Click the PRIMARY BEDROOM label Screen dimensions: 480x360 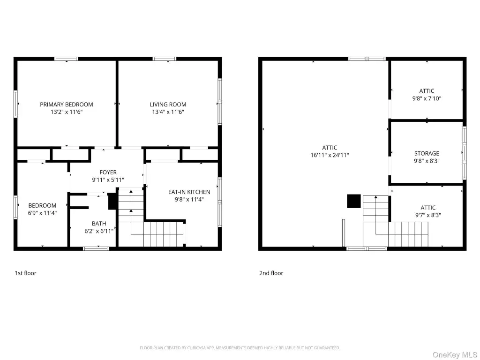tap(67, 105)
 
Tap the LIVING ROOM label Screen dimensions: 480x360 tap(168, 105)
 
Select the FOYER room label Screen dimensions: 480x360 tap(108, 172)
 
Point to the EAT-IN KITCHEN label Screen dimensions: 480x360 tap(189, 192)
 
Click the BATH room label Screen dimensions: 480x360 tap(99, 224)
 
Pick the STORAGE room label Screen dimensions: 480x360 tap(427, 153)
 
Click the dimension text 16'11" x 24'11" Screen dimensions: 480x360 tap(330, 155)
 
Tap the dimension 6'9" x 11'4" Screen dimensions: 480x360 tap(42, 213)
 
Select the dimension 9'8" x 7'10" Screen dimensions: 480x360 tap(427, 98)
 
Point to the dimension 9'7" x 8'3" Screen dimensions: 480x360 tap(428, 215)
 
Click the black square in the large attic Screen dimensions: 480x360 tap(353, 201)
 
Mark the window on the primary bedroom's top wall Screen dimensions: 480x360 tap(67, 59)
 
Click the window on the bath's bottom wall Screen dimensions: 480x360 tap(96, 248)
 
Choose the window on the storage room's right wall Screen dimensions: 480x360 tap(465, 153)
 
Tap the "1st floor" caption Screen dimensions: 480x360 tap(25, 273)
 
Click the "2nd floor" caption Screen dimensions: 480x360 tap(271, 273)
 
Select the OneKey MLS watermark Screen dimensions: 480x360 tap(455, 355)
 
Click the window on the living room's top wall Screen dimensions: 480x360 tap(165, 59)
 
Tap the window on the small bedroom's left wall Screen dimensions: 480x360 tap(15, 208)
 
